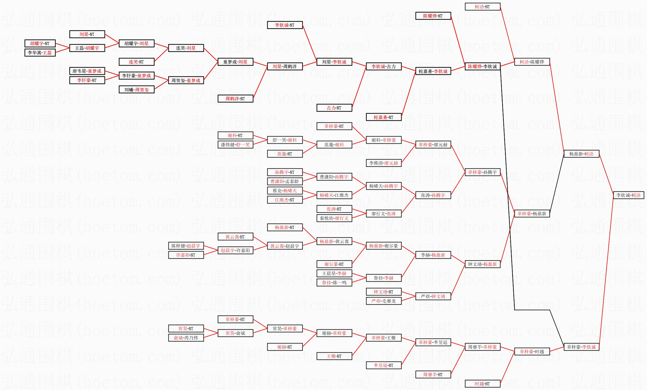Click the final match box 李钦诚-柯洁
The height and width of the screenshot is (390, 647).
click(628, 195)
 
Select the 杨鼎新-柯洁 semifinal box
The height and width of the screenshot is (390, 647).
click(581, 154)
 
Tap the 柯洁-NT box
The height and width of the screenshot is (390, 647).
click(482, 7)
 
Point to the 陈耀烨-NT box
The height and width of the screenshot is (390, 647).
click(433, 16)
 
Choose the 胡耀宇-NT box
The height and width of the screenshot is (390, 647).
click(40, 44)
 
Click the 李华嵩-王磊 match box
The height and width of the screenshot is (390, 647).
click(40, 53)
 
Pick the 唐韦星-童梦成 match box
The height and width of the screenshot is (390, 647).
click(87, 71)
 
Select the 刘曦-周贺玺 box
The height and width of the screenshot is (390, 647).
click(137, 90)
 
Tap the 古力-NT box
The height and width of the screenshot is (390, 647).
click(334, 108)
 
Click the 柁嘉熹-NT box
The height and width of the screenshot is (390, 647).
click(383, 117)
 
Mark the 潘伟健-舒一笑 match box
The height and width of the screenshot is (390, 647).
click(235, 145)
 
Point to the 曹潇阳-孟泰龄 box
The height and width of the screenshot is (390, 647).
click(285, 182)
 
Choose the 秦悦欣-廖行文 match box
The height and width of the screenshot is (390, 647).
click(334, 218)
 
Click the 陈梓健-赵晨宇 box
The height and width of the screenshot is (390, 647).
click(186, 246)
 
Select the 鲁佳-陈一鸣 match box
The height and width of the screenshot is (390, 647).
click(334, 283)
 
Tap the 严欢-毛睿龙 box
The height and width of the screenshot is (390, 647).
click(383, 301)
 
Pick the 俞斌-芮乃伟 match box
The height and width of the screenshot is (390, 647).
click(186, 338)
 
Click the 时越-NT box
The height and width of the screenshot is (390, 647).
click(482, 384)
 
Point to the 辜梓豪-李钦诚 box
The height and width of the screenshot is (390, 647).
click(581, 347)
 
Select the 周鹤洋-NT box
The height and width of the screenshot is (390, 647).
click(235, 99)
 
